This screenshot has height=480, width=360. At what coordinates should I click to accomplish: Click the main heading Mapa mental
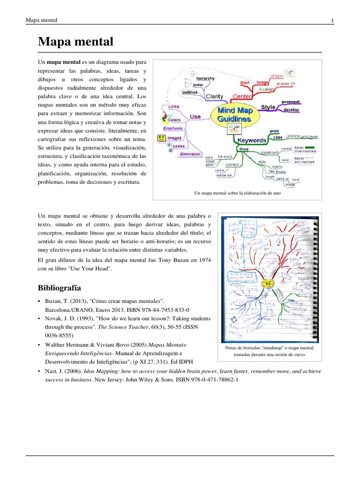pyautogui.click(x=75, y=42)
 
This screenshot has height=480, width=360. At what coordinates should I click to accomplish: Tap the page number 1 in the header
pyautogui.click(x=332, y=20)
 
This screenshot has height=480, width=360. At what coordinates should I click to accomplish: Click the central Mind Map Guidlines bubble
pyautogui.click(x=235, y=115)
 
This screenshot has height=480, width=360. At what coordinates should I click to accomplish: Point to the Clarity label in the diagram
pyautogui.click(x=214, y=97)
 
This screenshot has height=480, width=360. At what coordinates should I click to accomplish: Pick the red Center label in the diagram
pyautogui.click(x=242, y=97)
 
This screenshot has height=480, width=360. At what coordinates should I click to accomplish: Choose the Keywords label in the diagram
pyautogui.click(x=252, y=140)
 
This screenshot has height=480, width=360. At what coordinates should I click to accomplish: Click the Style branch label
pyautogui.click(x=268, y=107)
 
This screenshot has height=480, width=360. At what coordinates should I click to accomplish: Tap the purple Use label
pyautogui.click(x=195, y=117)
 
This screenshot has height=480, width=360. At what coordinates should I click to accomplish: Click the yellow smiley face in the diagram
pyautogui.click(x=161, y=139)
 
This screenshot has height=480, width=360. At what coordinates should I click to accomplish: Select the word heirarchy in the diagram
pyautogui.click(x=206, y=78)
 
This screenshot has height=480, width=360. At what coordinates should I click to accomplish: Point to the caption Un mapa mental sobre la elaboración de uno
pyautogui.click(x=237, y=193)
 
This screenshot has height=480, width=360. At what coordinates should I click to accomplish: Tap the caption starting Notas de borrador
pyautogui.click(x=270, y=352)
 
